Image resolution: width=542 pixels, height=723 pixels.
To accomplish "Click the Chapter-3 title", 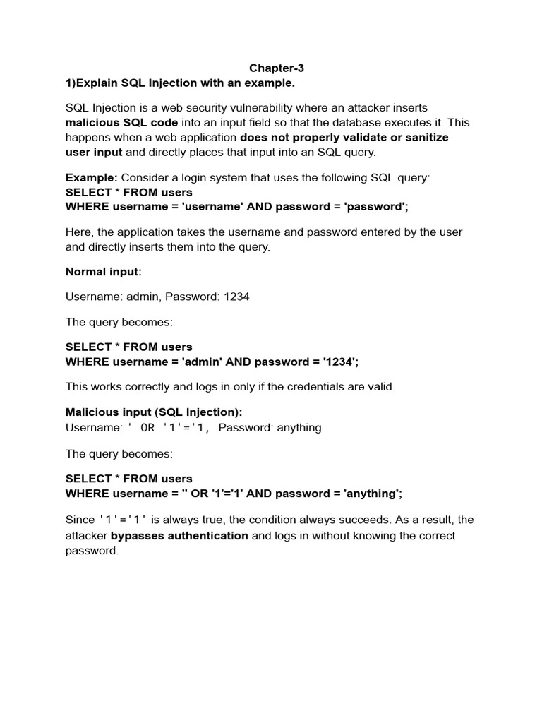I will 276,68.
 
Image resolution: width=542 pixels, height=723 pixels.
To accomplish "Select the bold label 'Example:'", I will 92,177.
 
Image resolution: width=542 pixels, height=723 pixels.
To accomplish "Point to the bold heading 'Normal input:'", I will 104,272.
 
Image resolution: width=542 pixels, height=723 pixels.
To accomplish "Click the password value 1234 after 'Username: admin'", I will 236,297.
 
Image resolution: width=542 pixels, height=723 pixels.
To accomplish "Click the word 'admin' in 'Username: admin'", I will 143,297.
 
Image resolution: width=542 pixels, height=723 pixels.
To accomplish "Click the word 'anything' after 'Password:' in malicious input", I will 299,427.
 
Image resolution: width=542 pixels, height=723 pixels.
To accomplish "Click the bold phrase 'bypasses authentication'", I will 179,535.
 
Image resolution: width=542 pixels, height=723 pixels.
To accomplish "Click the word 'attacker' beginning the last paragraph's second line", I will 87,535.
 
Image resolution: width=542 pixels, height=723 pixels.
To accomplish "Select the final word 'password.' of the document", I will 92,551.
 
